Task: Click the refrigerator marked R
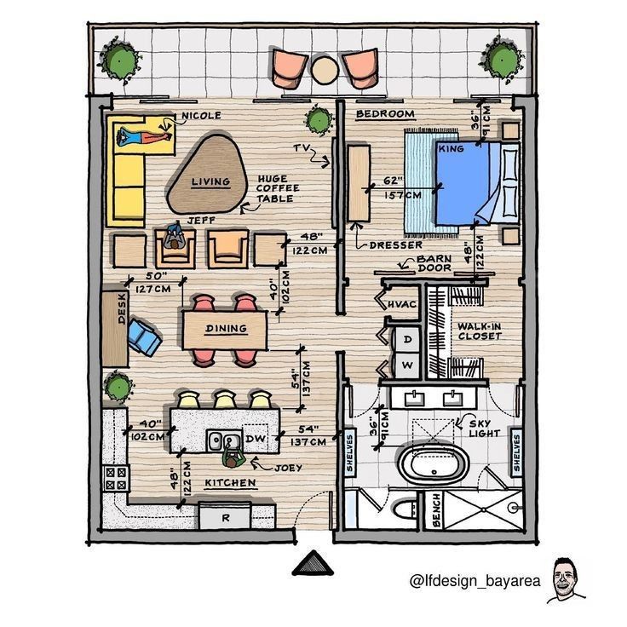pos(225,517)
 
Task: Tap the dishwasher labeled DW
pos(256,438)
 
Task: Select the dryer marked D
pos(407,340)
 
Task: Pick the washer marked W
pos(407,365)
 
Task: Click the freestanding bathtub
pos(434,465)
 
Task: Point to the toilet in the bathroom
pos(405,509)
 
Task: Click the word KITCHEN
pos(230,483)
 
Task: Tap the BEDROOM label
pos(385,114)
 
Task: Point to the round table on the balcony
pos(325,71)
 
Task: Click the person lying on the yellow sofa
pos(144,137)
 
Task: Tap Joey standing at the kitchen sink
pos(233,455)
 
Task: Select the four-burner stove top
pos(116,479)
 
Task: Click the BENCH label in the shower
pos(436,509)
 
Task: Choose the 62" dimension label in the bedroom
pos(391,181)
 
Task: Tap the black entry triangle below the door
pos(313,564)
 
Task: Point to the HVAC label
pos(402,305)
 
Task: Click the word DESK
pos(122,308)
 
